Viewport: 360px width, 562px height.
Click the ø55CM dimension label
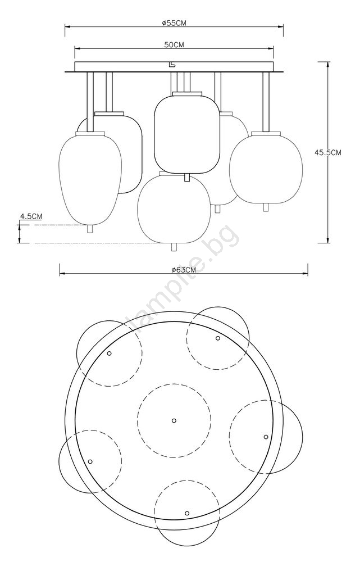coord(174,23)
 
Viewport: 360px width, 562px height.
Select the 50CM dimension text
coord(174,45)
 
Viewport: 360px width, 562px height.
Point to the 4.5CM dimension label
coord(31,216)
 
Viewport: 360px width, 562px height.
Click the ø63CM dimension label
coord(184,270)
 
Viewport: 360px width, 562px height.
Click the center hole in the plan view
coord(174,420)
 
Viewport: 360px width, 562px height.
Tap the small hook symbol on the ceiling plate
coord(172,65)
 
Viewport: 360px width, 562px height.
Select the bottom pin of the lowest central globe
coord(174,247)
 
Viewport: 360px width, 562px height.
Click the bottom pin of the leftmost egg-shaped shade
coord(90,229)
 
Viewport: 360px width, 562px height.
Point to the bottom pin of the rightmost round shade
coord(266,207)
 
